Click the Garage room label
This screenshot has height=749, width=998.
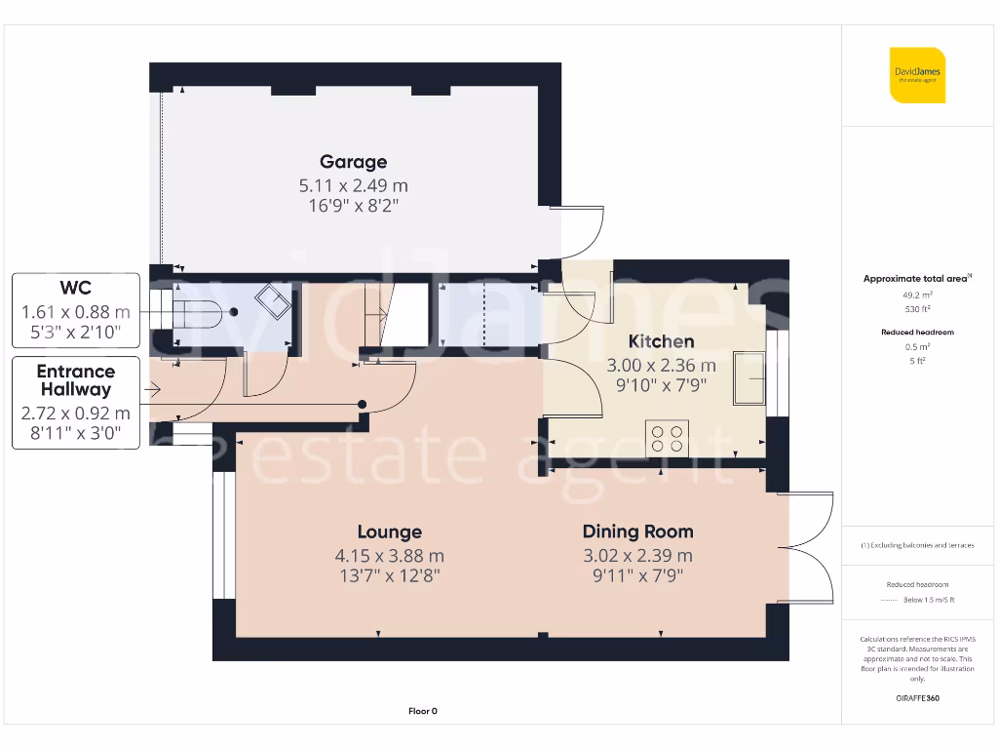(x=353, y=162)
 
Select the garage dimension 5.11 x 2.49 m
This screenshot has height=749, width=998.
(x=353, y=184)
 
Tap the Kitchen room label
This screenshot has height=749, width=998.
(x=661, y=341)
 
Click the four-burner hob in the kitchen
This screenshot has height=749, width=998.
(x=668, y=437)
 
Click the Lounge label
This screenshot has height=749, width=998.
(x=389, y=532)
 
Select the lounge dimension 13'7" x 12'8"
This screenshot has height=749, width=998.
(x=389, y=576)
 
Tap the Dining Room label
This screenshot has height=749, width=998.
(x=637, y=532)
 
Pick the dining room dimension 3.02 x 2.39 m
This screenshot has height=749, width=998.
(x=637, y=555)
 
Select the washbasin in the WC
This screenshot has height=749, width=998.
(x=273, y=303)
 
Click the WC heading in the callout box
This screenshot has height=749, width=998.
(x=75, y=289)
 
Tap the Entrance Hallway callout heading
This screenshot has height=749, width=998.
(x=75, y=380)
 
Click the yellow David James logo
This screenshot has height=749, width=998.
(x=916, y=75)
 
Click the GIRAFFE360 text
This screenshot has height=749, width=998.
(x=916, y=698)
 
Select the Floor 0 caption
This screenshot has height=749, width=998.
(x=422, y=711)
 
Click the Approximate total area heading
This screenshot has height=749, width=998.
(x=916, y=279)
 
